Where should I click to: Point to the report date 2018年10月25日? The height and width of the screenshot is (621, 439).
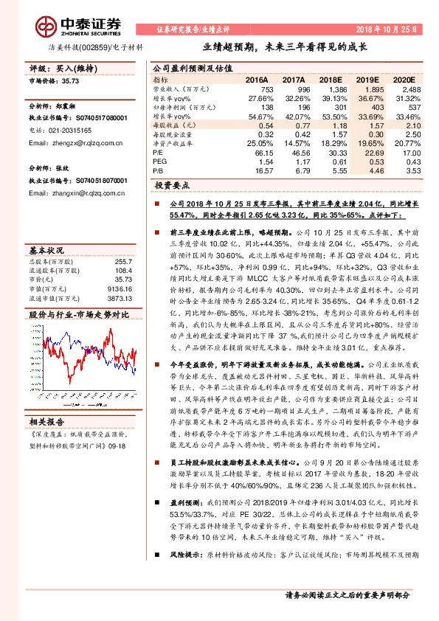[x=389, y=29]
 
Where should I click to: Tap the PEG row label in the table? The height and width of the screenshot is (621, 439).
[x=160, y=161]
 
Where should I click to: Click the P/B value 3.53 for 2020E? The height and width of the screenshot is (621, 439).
[x=414, y=170]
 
